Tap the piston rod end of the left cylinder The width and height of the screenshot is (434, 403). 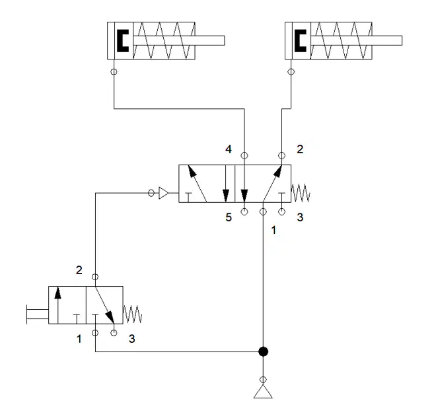[x=224, y=40]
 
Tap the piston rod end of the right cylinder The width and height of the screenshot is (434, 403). [x=402, y=40]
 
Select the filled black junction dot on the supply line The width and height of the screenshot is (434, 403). [x=263, y=351]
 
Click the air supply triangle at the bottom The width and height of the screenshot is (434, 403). [x=263, y=391]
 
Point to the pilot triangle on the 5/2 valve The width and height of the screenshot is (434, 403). [x=163, y=193]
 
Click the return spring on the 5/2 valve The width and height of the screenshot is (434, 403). [x=301, y=193]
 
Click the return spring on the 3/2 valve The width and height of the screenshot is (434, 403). [x=132, y=314]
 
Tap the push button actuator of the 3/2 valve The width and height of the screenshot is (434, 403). [x=38, y=314]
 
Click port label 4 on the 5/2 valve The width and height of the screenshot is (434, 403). [x=229, y=149]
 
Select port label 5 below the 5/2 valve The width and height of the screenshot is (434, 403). [x=229, y=217]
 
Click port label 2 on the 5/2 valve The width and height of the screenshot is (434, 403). [x=300, y=149]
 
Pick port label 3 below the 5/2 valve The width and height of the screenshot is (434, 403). [x=300, y=217]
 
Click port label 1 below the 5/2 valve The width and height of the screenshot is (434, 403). [x=273, y=230]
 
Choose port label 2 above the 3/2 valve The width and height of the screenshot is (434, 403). [x=79, y=270]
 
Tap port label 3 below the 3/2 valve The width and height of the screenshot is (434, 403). [x=131, y=339]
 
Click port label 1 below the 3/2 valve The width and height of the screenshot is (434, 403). [x=79, y=339]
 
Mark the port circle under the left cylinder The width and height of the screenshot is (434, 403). [x=114, y=72]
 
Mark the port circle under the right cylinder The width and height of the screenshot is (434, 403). [x=291, y=72]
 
